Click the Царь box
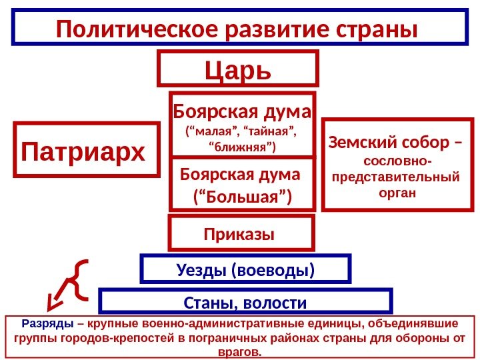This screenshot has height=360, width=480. click(238, 69)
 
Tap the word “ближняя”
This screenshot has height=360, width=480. click(243, 145)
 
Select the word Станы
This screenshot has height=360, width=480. click(205, 304)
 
